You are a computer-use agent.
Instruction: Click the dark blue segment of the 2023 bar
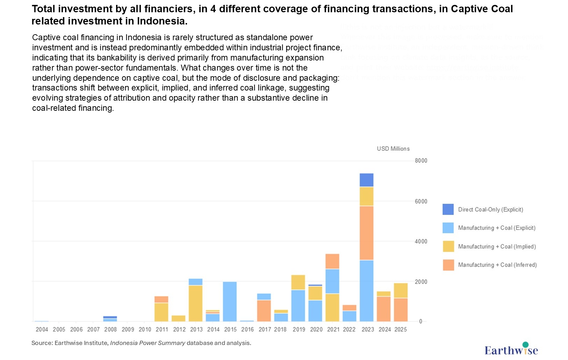[x=366, y=180]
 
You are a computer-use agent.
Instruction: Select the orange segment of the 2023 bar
[x=366, y=233]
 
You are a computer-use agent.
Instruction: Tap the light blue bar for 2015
[x=230, y=301]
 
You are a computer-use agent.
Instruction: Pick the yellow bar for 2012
[x=179, y=318]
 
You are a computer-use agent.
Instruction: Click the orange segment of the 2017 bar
[x=264, y=310]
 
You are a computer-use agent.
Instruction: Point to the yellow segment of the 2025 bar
[x=401, y=290]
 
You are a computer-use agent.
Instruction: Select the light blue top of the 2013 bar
[x=195, y=282]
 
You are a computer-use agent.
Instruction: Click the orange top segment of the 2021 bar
[x=332, y=261]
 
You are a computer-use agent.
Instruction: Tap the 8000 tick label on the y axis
[x=421, y=161]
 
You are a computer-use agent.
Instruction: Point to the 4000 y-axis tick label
[x=421, y=242]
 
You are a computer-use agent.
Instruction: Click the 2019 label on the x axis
[x=299, y=330]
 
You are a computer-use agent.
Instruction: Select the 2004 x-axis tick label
[x=42, y=330]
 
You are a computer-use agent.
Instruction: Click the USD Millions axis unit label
[x=393, y=149]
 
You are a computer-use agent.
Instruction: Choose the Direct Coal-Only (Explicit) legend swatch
[x=448, y=209]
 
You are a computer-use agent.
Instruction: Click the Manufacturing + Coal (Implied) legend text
[x=497, y=246]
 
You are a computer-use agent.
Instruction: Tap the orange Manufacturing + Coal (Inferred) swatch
[x=448, y=265]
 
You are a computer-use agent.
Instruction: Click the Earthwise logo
[x=511, y=349]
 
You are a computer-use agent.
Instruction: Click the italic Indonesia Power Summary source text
[x=148, y=343]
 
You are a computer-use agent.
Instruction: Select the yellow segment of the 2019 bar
[x=298, y=282]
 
